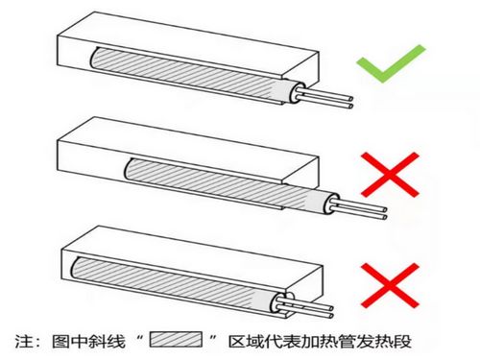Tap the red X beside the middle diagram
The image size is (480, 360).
(x=390, y=175)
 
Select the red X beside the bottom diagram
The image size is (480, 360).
(x=390, y=285)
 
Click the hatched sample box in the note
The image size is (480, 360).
(x=176, y=340)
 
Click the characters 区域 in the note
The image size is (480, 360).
(x=246, y=341)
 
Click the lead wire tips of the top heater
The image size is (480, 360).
(x=351, y=103)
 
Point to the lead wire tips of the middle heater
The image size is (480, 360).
(x=384, y=213)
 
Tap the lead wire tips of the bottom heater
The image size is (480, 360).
(x=331, y=312)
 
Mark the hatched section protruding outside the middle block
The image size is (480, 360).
(x=295, y=196)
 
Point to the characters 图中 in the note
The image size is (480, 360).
(x=70, y=341)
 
